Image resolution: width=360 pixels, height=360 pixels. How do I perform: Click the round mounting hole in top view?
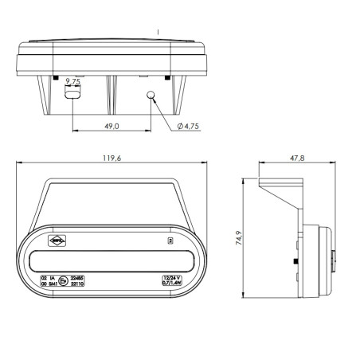click(149, 96)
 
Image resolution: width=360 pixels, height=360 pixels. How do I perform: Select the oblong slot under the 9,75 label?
click(72, 95)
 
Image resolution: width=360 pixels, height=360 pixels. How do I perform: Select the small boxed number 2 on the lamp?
click(169, 240)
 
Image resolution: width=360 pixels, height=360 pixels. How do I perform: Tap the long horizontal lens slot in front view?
click(112, 260)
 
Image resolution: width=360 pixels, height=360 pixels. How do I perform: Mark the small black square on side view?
click(296, 261)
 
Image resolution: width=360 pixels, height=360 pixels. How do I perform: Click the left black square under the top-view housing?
click(55, 78)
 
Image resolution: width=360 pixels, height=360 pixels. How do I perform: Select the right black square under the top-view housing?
click(166, 78)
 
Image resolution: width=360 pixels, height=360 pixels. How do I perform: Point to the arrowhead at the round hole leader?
click(154, 100)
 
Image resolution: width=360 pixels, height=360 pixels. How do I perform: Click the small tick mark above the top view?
click(159, 30)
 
